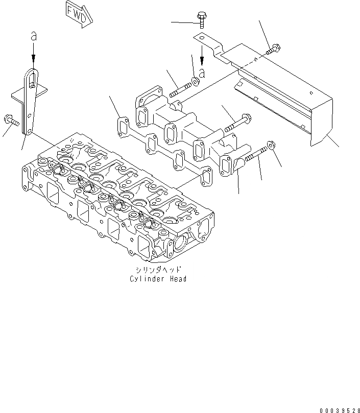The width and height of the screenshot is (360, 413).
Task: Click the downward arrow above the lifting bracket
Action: pos(34,54)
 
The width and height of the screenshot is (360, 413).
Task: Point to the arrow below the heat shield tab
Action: pos(202,54)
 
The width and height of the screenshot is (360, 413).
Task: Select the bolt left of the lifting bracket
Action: pos(12,121)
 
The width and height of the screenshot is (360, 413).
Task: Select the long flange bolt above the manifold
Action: pos(236,121)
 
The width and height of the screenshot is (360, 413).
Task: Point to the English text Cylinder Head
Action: pos(158,279)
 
